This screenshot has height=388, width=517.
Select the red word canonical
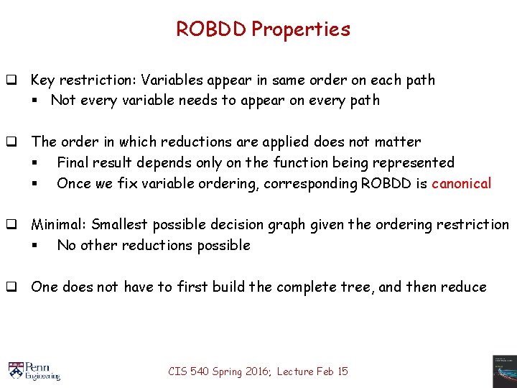click(462, 183)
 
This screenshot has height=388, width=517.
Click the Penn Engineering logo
click(34, 370)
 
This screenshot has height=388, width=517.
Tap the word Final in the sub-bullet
click(73, 163)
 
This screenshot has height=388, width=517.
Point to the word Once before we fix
click(74, 183)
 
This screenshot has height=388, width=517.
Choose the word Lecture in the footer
click(294, 371)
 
